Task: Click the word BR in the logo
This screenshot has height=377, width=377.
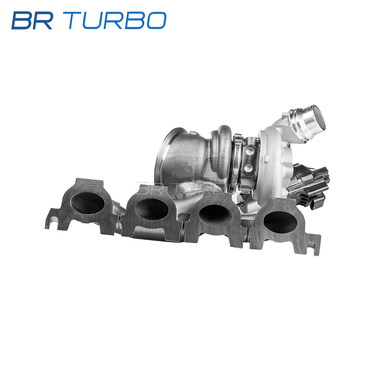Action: coord(32,20)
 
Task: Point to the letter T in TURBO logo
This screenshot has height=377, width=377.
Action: coord(78,20)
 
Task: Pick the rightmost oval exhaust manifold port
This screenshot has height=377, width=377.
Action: coord(280,221)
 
